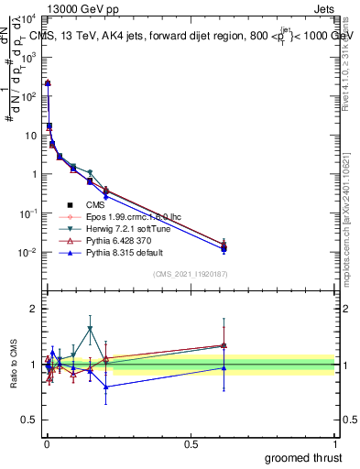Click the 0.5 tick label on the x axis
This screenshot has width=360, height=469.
tap(191, 443)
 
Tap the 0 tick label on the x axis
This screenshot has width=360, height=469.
tap(46, 443)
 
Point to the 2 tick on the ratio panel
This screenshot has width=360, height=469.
tap(34, 309)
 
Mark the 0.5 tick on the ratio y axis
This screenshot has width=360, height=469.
tap(29, 420)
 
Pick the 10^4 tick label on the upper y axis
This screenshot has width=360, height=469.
tap(27, 18)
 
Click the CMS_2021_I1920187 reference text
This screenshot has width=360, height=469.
tap(190, 274)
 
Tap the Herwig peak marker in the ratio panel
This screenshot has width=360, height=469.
tap(90, 328)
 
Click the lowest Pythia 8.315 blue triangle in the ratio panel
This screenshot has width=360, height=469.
tap(106, 387)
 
